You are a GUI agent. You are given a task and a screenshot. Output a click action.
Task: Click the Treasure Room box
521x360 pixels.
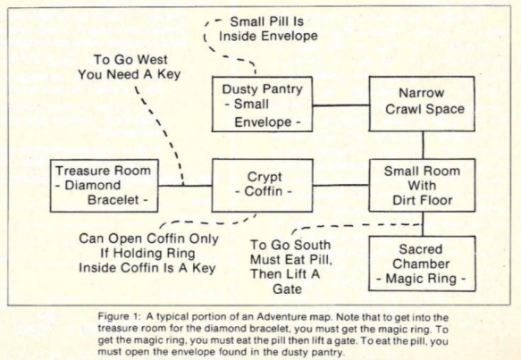tap(104, 186)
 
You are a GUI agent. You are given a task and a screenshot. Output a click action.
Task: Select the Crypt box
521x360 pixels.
tap(262, 185)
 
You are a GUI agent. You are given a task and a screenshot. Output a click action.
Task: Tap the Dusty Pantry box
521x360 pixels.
tap(262, 105)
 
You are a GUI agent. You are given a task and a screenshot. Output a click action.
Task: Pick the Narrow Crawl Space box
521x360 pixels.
tap(422, 104)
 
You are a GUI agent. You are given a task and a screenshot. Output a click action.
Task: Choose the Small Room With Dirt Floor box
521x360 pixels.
tap(422, 185)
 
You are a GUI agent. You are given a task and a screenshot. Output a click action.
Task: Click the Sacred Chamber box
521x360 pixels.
tap(422, 264)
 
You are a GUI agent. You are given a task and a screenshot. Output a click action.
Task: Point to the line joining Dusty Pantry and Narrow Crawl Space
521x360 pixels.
tap(340, 105)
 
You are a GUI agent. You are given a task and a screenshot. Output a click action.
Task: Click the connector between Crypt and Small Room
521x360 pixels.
tap(340, 185)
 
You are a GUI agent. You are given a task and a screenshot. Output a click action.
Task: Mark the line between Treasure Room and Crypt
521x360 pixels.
tap(185, 186)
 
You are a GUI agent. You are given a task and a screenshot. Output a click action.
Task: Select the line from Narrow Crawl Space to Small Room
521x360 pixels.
tap(423, 145)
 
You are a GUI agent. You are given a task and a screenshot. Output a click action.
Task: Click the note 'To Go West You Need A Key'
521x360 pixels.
tap(130, 67)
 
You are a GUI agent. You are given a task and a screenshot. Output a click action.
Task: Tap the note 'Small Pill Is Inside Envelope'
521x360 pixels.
tap(268, 29)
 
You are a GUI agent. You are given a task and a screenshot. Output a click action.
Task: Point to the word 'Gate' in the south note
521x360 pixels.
tap(288, 289)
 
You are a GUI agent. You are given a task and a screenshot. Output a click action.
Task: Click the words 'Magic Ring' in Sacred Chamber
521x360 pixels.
tap(421, 279)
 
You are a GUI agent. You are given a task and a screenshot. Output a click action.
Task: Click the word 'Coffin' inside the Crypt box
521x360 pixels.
tap(264, 191)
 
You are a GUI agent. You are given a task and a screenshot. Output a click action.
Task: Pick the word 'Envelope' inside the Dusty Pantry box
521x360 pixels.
tap(263, 122)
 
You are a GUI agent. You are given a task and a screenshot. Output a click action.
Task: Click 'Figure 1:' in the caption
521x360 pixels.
tap(118, 316)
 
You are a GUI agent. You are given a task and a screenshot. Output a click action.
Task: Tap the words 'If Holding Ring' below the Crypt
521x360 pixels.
tap(147, 254)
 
